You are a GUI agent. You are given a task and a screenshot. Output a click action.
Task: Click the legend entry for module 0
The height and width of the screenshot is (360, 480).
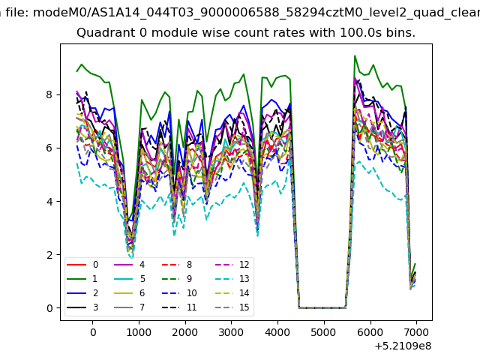82,265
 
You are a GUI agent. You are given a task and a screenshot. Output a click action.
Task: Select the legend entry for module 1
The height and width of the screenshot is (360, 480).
82,278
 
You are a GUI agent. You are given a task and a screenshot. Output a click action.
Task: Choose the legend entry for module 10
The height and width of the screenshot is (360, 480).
179,293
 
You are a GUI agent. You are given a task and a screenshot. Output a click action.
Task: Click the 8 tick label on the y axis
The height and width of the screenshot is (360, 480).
49,94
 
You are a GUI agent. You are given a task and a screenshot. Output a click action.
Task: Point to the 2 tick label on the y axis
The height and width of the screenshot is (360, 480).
49,255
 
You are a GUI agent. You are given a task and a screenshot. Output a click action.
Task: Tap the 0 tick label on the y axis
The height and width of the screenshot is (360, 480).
49,308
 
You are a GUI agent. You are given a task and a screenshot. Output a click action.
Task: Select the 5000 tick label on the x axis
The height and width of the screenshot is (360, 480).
324,332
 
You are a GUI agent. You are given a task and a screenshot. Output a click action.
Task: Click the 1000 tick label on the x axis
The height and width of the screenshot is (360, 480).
139,332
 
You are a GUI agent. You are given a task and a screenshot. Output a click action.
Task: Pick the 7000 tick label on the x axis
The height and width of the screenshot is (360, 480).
416,332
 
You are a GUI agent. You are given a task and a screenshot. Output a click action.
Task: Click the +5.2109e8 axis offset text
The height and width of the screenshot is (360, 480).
403,346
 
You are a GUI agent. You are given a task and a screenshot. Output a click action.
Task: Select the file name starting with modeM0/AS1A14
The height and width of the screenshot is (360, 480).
256,13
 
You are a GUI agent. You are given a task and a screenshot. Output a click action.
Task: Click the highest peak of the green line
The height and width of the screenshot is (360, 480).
355,55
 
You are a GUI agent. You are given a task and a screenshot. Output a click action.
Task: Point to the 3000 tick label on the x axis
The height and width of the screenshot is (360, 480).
231,332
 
